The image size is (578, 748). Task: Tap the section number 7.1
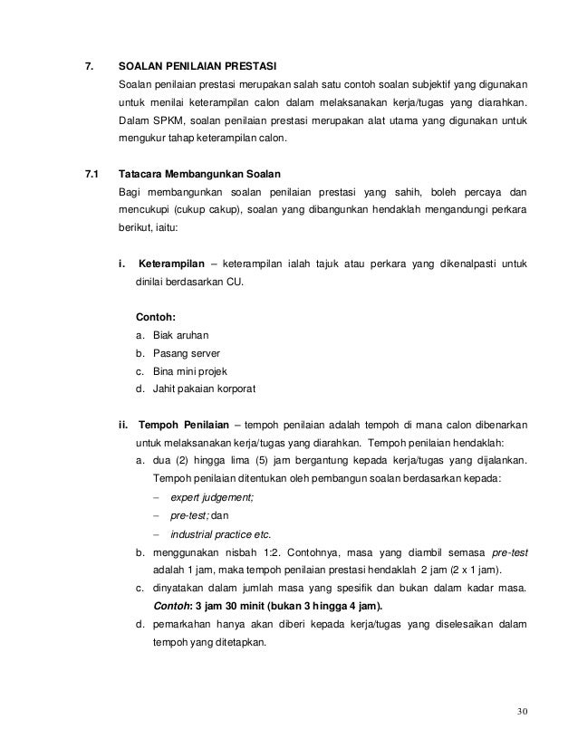point(92,172)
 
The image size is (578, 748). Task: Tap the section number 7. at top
point(89,67)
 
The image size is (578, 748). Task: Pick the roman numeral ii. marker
point(124,425)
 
